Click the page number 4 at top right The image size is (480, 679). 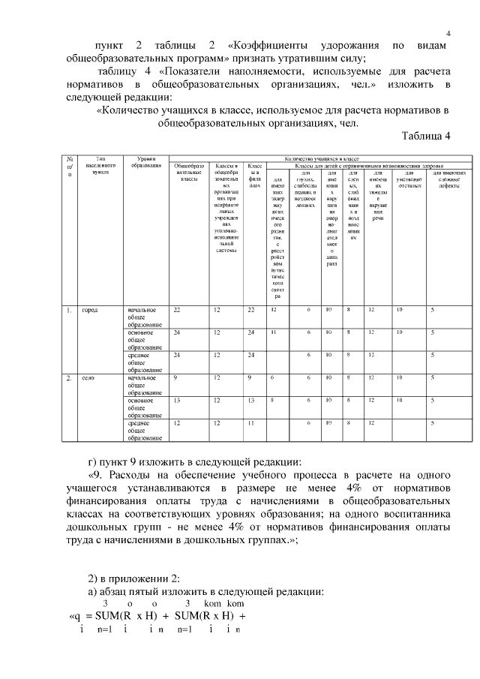(x=448, y=32)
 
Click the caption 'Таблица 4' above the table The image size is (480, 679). (x=423, y=136)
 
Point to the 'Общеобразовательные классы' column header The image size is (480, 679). (x=184, y=172)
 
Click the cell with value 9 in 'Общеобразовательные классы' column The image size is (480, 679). (x=176, y=378)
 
